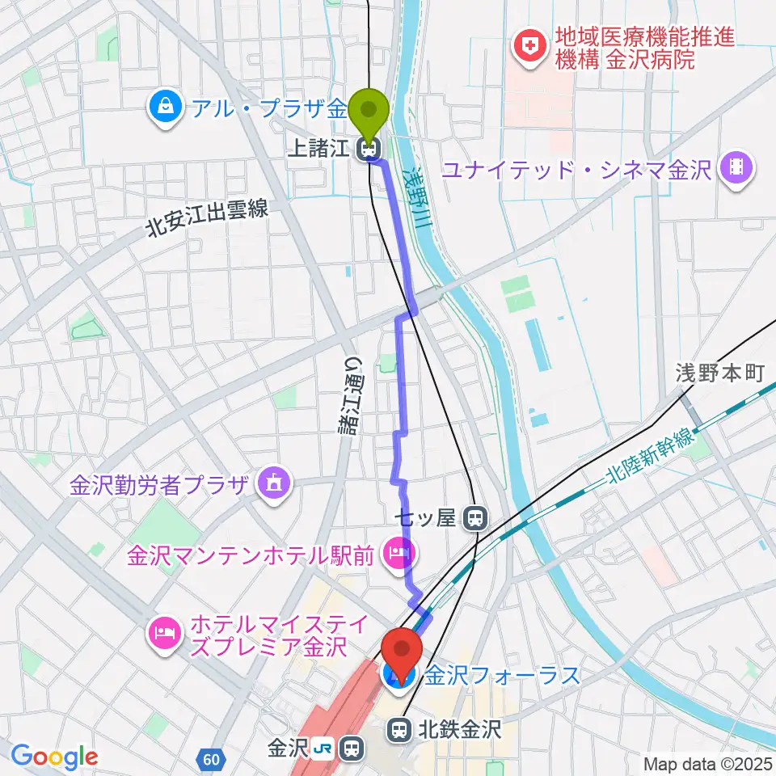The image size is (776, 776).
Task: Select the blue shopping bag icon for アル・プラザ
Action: (x=165, y=107)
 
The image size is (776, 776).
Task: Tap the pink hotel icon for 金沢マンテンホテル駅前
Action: (x=398, y=555)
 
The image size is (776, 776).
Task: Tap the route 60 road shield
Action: (x=211, y=759)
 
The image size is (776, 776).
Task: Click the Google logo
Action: (x=54, y=757)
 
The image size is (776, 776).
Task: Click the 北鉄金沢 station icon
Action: (x=399, y=730)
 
